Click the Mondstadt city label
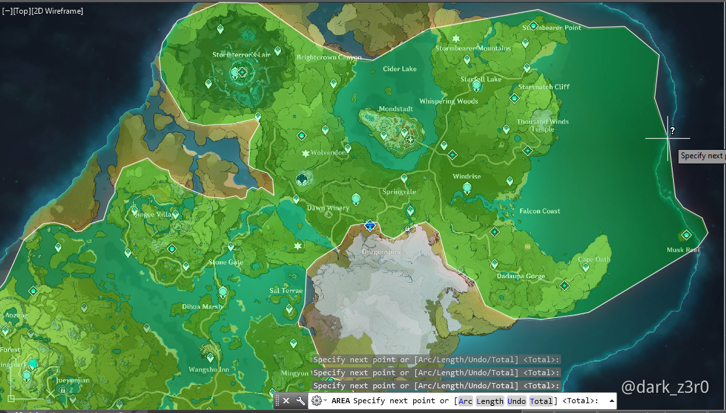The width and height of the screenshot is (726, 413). [396, 109]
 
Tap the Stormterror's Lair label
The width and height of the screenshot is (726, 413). [241, 55]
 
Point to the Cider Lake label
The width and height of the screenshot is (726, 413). [399, 69]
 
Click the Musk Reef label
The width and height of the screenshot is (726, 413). [683, 250]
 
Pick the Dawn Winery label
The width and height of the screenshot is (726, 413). [328, 208]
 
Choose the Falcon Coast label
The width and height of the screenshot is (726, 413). [540, 211]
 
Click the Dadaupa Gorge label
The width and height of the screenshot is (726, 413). [521, 276]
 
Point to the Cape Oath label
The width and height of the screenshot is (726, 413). [594, 259]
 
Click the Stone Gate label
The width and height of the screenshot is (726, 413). [225, 263]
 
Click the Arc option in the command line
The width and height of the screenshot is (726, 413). [465, 401]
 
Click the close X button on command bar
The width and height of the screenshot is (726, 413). [286, 401]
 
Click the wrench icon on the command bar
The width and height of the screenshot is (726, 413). [300, 401]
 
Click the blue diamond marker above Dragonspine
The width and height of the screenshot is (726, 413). [370, 225]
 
